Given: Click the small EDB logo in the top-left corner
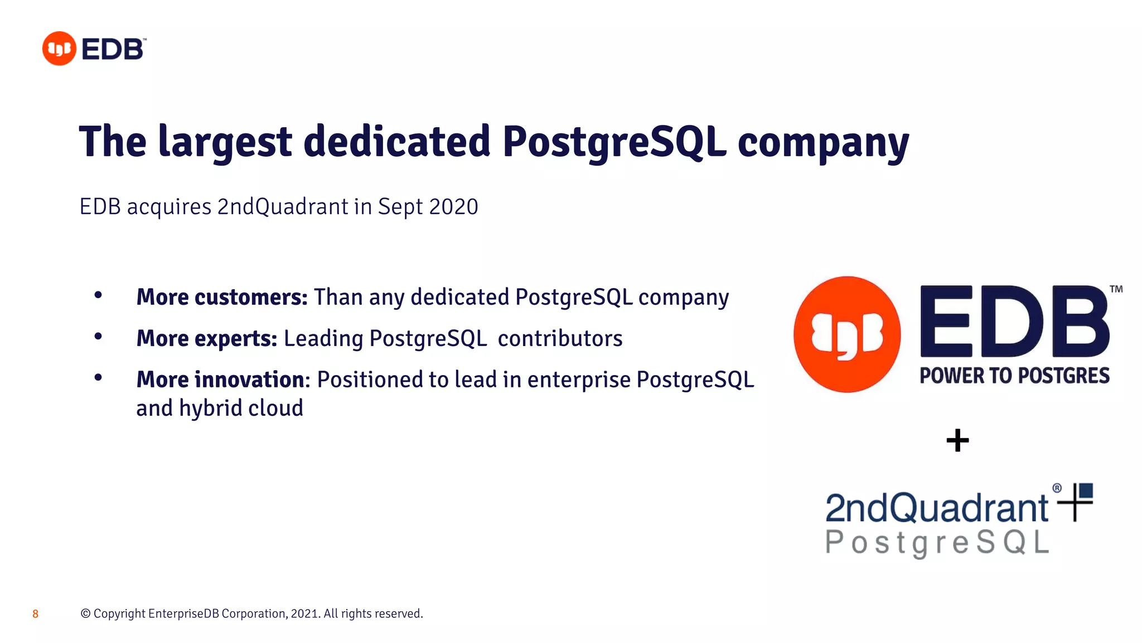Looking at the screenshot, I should [x=94, y=49].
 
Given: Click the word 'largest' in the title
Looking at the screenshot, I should [x=225, y=142].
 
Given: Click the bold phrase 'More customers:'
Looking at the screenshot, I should [x=221, y=297].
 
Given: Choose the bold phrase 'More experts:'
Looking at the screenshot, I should [x=206, y=338].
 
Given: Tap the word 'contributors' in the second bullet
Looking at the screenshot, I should [x=560, y=338].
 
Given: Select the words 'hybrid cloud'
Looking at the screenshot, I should [x=241, y=408].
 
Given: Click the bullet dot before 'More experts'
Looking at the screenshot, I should [x=98, y=336].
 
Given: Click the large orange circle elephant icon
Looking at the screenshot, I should [x=846, y=334].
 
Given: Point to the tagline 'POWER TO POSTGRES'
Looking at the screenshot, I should [x=1014, y=376].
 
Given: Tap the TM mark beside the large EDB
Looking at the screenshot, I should [x=1116, y=289].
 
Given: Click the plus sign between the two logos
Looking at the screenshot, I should [x=957, y=440].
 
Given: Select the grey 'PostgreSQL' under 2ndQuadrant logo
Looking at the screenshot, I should [x=937, y=542].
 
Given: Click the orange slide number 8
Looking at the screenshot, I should [x=35, y=614].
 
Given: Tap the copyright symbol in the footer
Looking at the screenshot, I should [x=85, y=613].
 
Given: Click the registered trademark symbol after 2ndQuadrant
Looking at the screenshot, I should [x=1057, y=488].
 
